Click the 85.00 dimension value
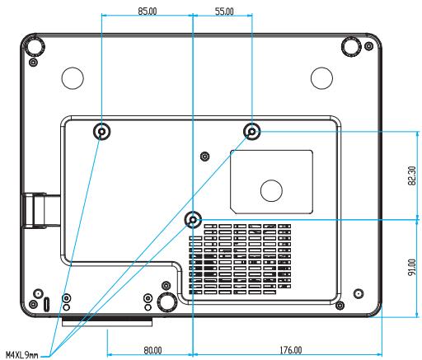pyautogui.click(x=148, y=12)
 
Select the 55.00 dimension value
pyautogui.click(x=224, y=12)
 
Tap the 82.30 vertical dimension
pyautogui.click(x=412, y=175)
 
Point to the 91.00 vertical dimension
pyautogui.click(x=412, y=267)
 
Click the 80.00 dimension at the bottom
pyautogui.click(x=152, y=350)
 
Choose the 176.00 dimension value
pyautogui.click(x=291, y=350)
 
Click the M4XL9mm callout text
pyautogui.click(x=22, y=355)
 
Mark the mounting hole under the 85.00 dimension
pyautogui.click(x=101, y=132)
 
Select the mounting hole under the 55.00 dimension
pyautogui.click(x=252, y=131)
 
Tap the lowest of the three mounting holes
pyautogui.click(x=193, y=220)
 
